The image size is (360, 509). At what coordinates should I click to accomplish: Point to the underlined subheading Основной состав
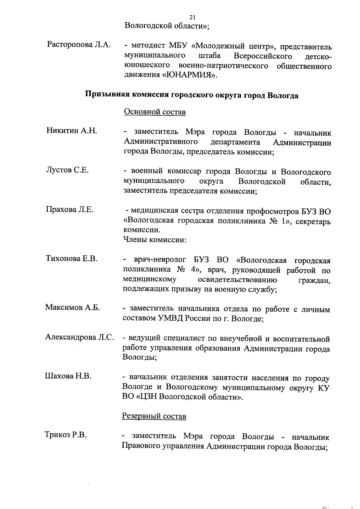[x=155, y=112]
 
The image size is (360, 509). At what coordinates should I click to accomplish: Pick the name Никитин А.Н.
[x=72, y=130]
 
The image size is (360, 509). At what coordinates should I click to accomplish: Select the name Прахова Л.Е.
[x=70, y=209]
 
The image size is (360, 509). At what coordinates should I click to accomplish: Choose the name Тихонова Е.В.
[x=72, y=258]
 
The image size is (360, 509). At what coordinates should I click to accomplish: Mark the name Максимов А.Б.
[x=73, y=307]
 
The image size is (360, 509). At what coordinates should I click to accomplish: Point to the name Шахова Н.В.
[x=68, y=376]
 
